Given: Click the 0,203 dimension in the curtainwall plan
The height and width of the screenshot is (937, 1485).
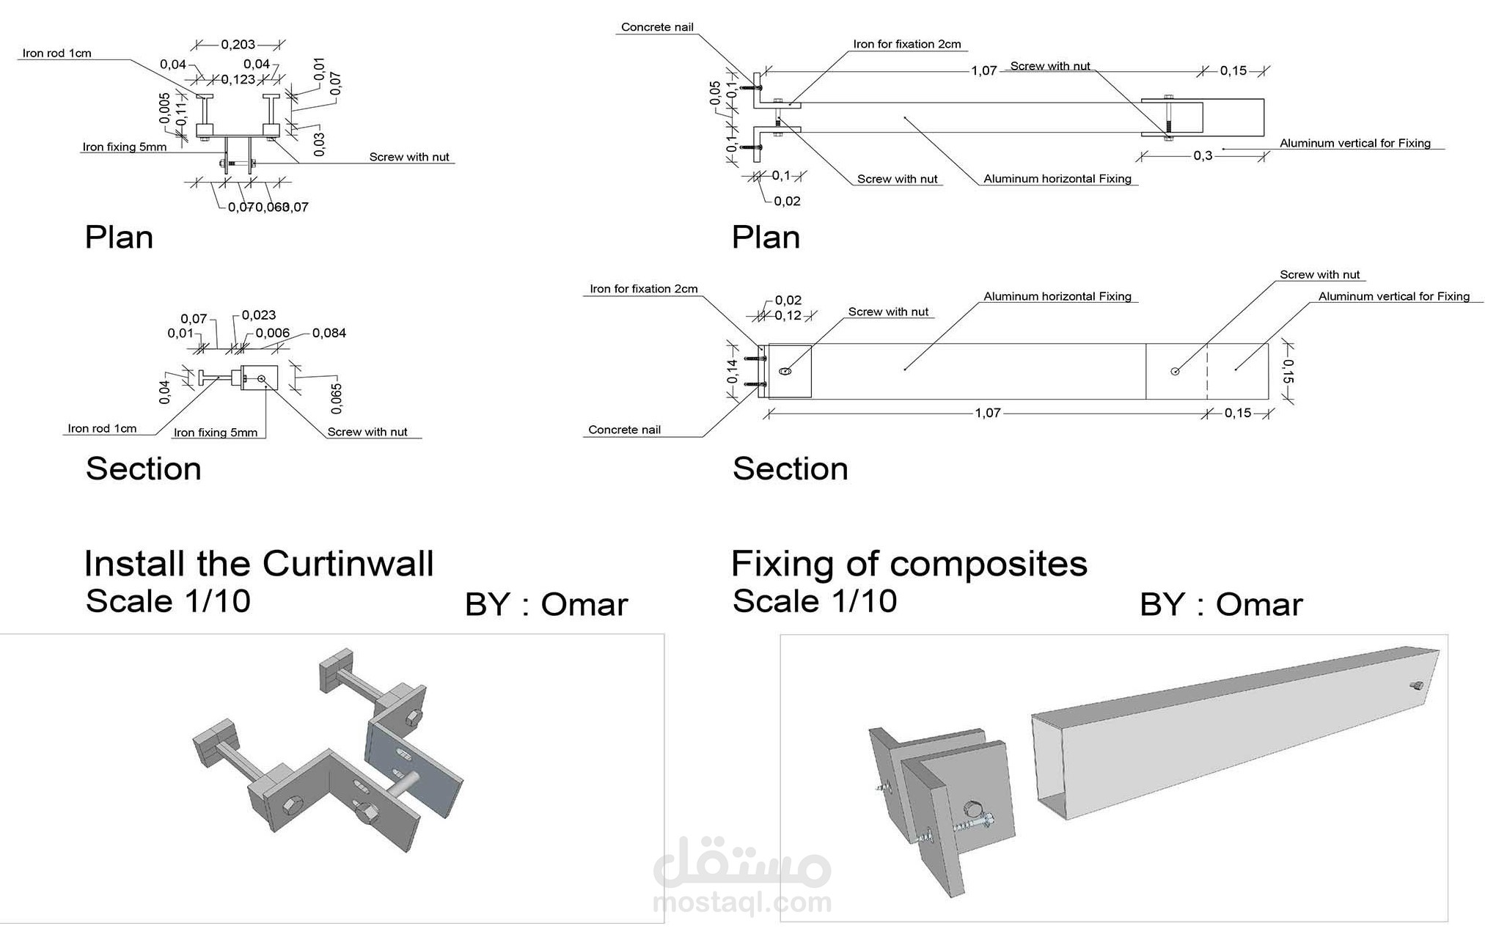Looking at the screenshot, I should pyautogui.click(x=238, y=45).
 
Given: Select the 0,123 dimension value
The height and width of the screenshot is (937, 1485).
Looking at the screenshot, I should pyautogui.click(x=238, y=79).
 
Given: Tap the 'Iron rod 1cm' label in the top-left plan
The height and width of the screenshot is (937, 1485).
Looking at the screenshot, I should pyautogui.click(x=56, y=53).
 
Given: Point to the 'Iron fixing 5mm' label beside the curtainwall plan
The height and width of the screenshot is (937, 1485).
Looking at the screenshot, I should pyautogui.click(x=124, y=147).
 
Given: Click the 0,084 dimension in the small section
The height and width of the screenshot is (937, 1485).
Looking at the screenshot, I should pyautogui.click(x=329, y=333).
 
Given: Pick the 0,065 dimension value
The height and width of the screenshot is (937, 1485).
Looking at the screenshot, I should pyautogui.click(x=337, y=398).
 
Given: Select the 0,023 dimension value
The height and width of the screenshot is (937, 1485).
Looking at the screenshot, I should pyautogui.click(x=258, y=315).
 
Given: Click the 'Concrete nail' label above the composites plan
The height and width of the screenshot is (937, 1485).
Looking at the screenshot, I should pyautogui.click(x=657, y=27).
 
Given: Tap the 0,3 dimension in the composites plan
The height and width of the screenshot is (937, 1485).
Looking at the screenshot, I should pyautogui.click(x=1203, y=155).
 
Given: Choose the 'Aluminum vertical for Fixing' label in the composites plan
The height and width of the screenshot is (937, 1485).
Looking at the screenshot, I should pyautogui.click(x=1354, y=143).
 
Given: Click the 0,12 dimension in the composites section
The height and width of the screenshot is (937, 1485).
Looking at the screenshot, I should pyautogui.click(x=788, y=315).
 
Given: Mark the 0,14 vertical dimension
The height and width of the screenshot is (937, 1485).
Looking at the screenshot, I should pyautogui.click(x=732, y=371).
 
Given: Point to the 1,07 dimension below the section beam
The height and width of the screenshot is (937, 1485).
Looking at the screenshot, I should pyautogui.click(x=987, y=413).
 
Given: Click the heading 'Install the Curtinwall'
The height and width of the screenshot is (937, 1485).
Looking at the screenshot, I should pyautogui.click(x=259, y=564).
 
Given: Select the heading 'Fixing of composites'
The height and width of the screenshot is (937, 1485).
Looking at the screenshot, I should pyautogui.click(x=909, y=564).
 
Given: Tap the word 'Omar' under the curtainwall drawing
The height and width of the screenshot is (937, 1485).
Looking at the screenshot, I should pyautogui.click(x=584, y=605).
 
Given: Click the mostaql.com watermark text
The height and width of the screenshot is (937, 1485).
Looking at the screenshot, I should pyautogui.click(x=742, y=902).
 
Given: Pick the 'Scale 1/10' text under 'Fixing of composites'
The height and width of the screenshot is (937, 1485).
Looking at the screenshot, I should pyautogui.click(x=814, y=601).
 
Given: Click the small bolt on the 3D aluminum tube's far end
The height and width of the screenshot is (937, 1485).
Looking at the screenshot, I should pyautogui.click(x=1415, y=686).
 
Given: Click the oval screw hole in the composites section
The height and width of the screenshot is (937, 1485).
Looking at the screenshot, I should pyautogui.click(x=785, y=371).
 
